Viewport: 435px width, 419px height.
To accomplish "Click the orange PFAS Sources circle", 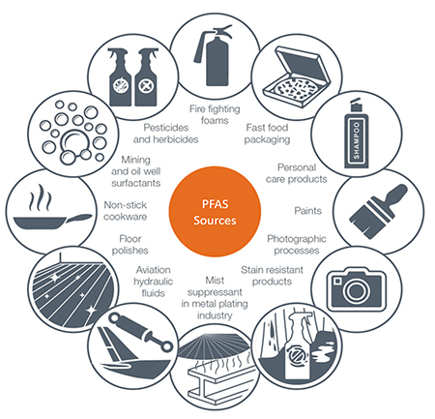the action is [x=215, y=212].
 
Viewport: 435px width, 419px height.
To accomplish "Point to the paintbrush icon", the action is [x=377, y=212].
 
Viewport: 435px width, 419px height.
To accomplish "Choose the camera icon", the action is [x=356, y=288].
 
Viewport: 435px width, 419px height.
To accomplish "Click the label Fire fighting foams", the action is [x=215, y=114].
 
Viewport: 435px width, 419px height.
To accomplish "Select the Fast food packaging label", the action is [x=267, y=134].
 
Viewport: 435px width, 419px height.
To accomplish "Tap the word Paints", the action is [x=308, y=211].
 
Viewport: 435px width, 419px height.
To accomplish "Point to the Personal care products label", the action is [x=297, y=173].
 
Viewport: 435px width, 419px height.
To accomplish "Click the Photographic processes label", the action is [x=297, y=245].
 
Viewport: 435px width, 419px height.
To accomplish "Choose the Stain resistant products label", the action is [x=272, y=276].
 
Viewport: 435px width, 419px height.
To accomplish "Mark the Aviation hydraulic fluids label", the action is [x=154, y=282].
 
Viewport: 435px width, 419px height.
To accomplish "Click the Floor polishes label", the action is [x=130, y=245].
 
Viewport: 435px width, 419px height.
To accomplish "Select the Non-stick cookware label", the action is [x=126, y=211].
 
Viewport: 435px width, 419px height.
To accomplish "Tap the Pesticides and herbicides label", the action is [x=166, y=134].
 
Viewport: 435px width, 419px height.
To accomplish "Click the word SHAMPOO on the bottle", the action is [x=356, y=140].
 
